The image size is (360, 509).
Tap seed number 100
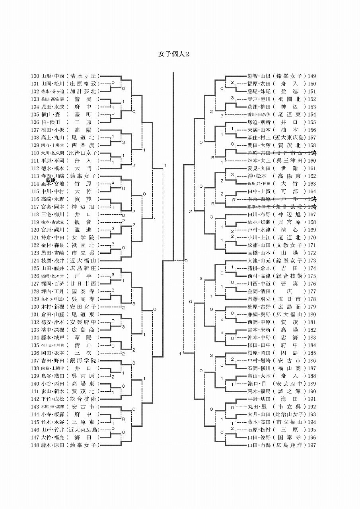[x=35, y=76]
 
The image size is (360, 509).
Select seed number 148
[x=35, y=445]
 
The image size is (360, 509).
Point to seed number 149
[x=312, y=76]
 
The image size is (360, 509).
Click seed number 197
[x=312, y=445]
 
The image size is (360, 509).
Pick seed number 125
[x=35, y=268]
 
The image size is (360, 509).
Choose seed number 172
[x=312, y=253]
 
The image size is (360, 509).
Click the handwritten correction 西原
[x=51, y=180]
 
